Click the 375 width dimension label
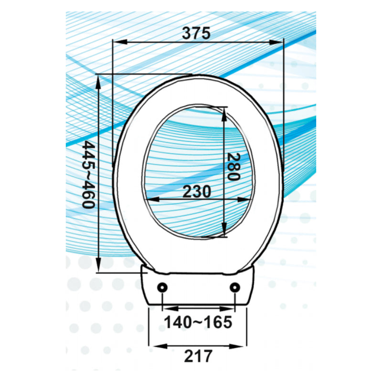(196, 33)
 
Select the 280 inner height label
(233, 167)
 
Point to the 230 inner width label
(196, 191)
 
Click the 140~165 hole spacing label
(198, 323)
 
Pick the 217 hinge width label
(198, 356)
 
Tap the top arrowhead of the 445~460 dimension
(98, 81)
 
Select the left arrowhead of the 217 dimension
(154, 344)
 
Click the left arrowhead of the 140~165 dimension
(167, 308)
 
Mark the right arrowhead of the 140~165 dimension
(230, 308)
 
